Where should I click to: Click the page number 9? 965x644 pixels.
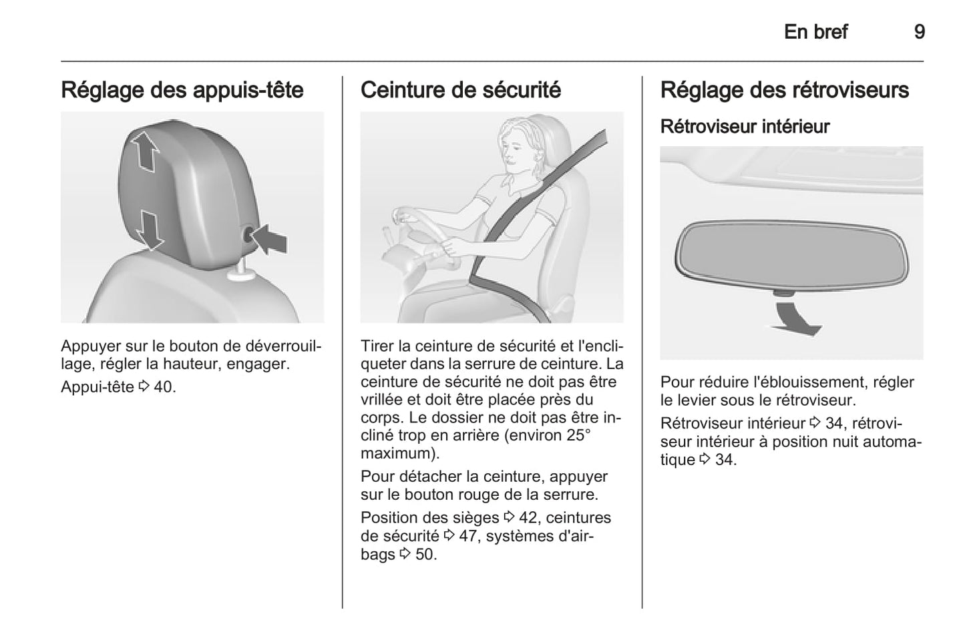click(x=920, y=32)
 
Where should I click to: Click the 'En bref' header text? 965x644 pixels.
click(x=816, y=32)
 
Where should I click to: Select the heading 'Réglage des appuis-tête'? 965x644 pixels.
click(x=182, y=90)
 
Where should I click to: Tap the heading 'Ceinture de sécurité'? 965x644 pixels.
click(x=461, y=90)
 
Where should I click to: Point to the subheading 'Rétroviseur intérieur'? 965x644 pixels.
click(x=745, y=127)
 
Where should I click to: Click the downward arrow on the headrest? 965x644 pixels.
click(x=150, y=230)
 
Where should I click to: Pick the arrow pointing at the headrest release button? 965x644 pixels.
click(x=269, y=240)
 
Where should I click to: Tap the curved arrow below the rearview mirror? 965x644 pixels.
click(x=796, y=319)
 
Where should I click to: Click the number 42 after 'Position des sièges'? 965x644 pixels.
click(x=528, y=517)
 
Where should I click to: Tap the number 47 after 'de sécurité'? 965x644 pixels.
click(x=468, y=536)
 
